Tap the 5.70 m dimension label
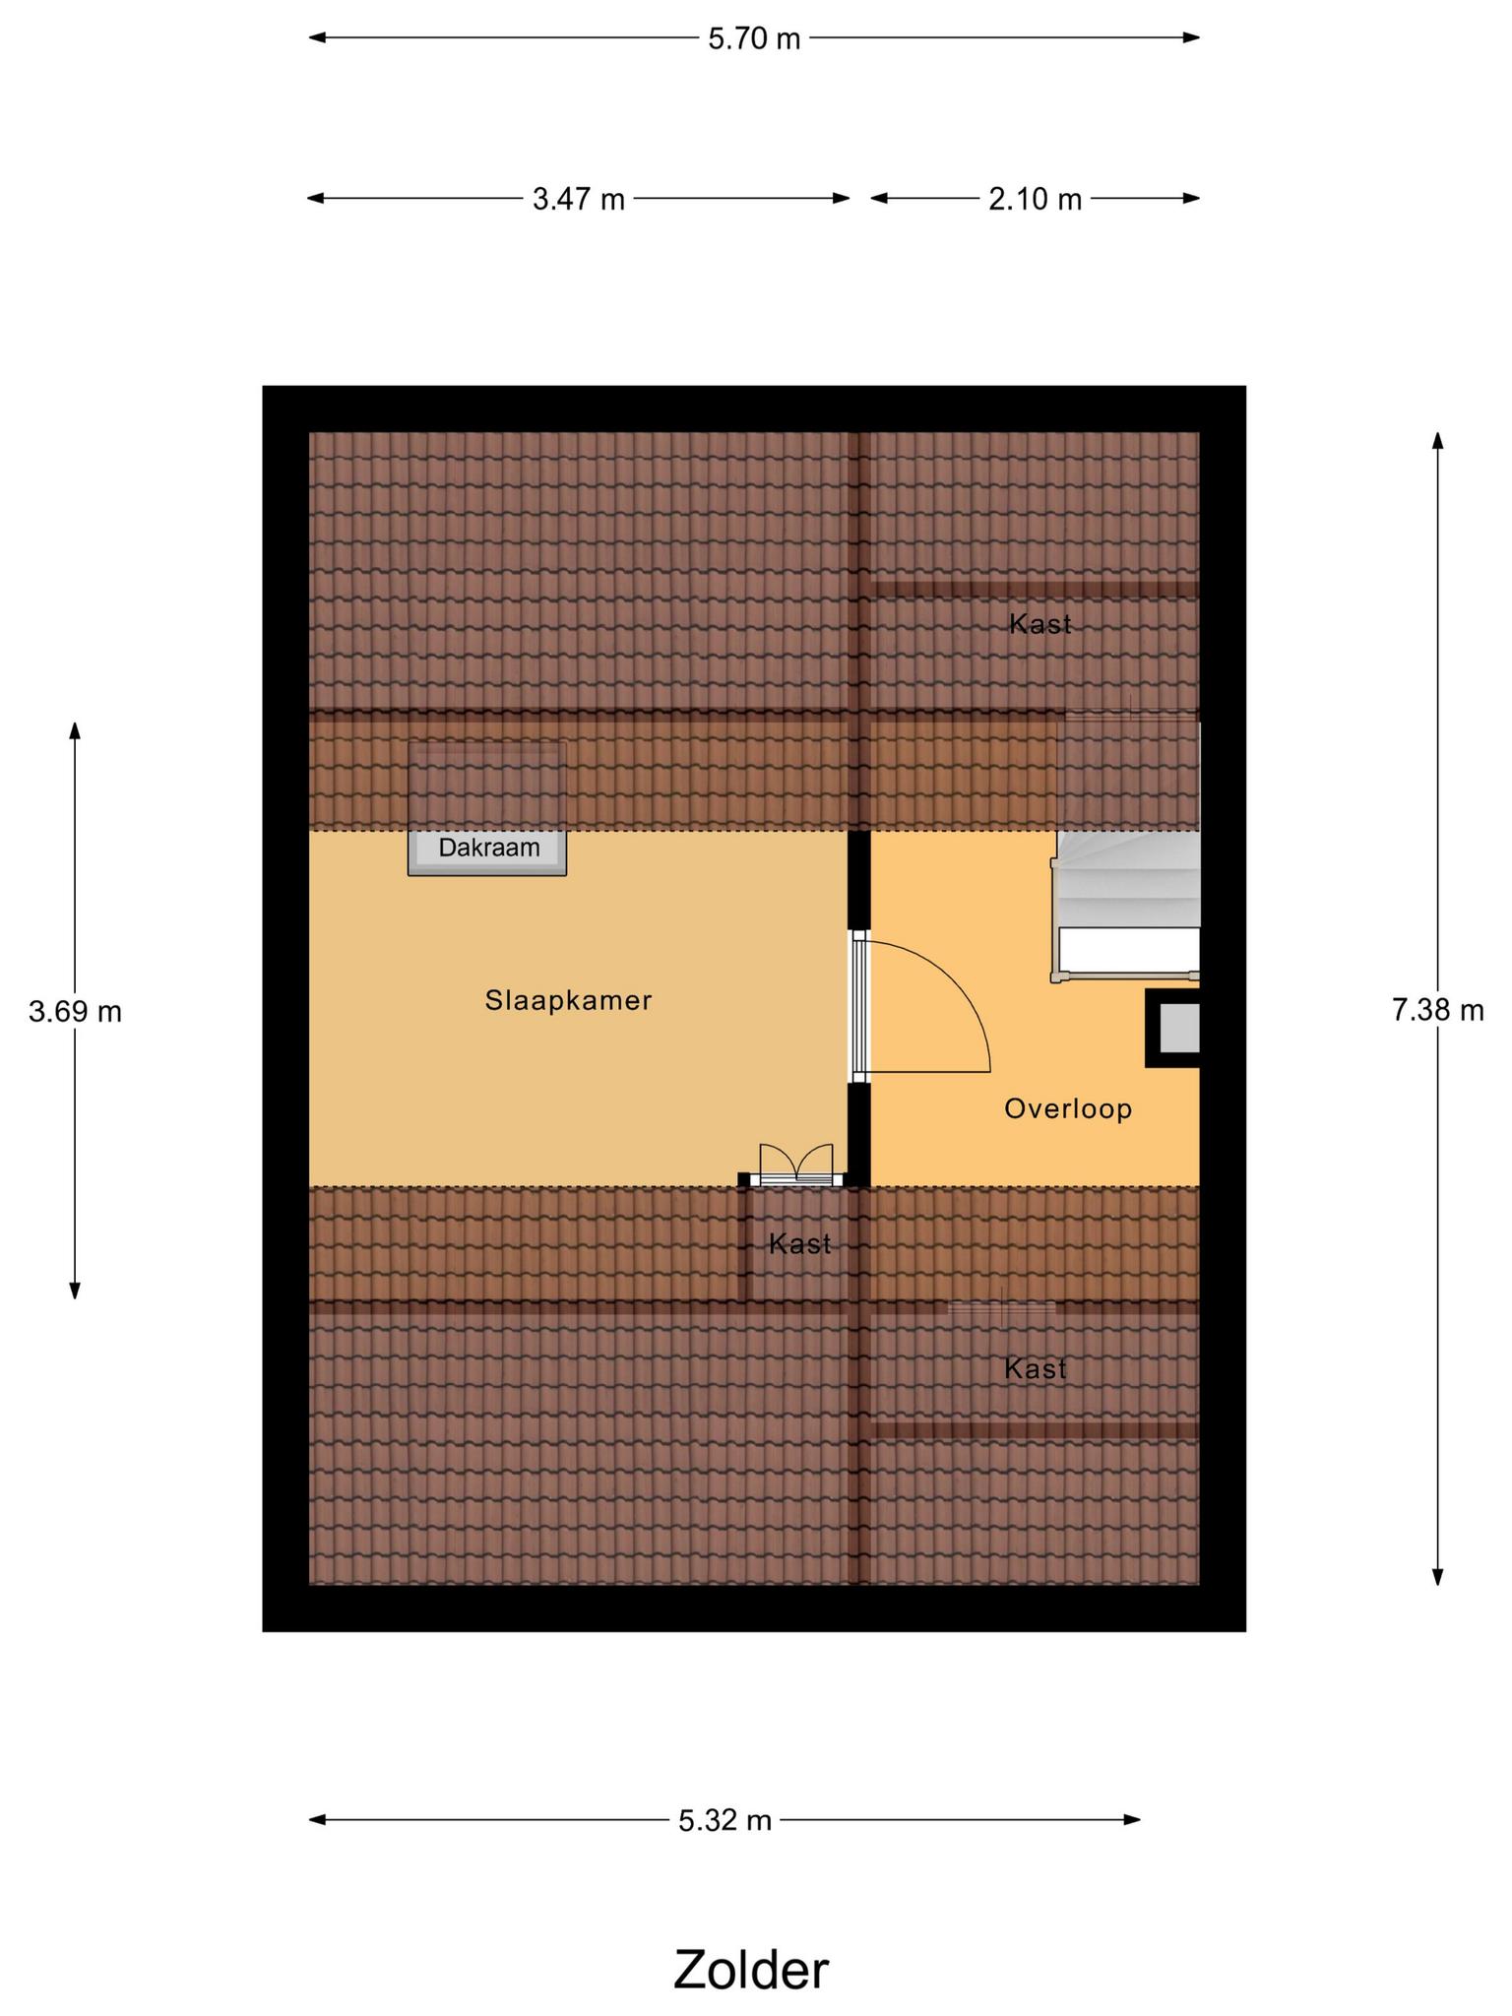[754, 38]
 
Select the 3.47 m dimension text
[579, 199]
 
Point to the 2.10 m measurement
[1036, 199]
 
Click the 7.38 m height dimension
[1438, 1010]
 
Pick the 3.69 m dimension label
[75, 1011]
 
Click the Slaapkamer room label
[569, 1000]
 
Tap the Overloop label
[1068, 1109]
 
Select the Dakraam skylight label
[489, 848]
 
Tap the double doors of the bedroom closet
[796, 1164]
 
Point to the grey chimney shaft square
[1178, 1029]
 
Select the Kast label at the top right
[1040, 624]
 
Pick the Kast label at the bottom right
[1036, 1369]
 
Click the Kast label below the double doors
[800, 1244]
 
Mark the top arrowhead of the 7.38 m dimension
[1438, 440]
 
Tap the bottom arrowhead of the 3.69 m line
[75, 1291]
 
